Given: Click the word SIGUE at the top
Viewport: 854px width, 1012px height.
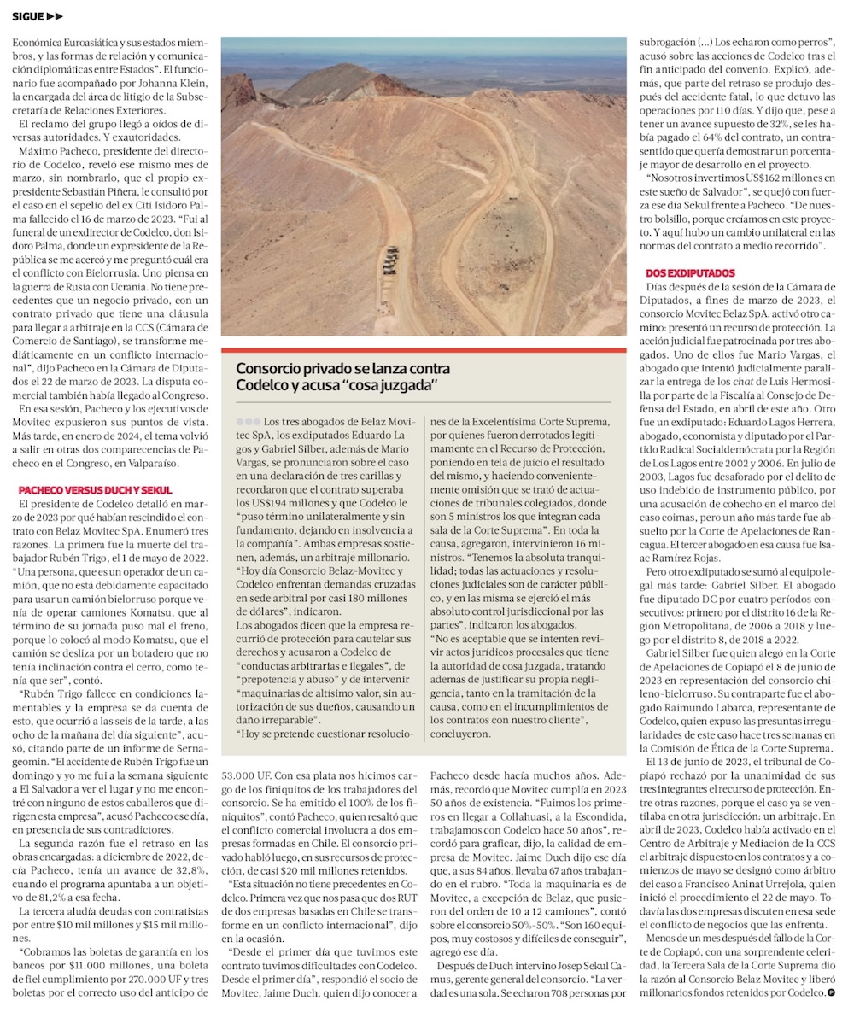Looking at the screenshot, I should pyautogui.click(x=27, y=16).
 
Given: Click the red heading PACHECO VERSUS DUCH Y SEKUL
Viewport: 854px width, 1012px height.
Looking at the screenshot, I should pyautogui.click(x=95, y=490).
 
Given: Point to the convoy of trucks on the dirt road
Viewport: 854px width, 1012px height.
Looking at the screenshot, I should pyautogui.click(x=389, y=260).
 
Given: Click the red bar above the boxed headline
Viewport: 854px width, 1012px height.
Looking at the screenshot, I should pyautogui.click(x=424, y=350).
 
